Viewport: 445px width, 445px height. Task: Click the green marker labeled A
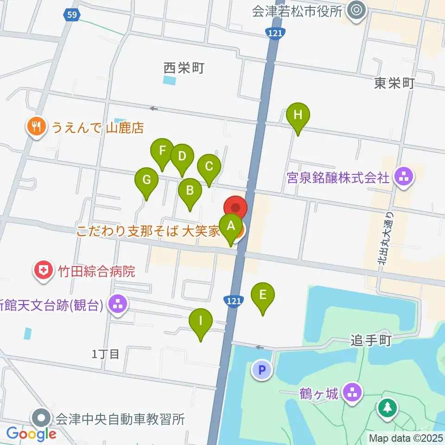231,227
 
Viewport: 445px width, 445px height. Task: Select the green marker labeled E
263,295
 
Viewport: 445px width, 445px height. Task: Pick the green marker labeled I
201,321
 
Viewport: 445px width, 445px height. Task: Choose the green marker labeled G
146,180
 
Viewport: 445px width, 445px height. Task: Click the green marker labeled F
162,152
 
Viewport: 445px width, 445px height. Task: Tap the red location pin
236,208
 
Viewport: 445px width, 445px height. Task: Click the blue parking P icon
262,370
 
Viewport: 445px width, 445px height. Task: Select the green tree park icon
386,407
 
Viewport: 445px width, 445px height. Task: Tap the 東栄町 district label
394,83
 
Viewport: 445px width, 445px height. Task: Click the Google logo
32,434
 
